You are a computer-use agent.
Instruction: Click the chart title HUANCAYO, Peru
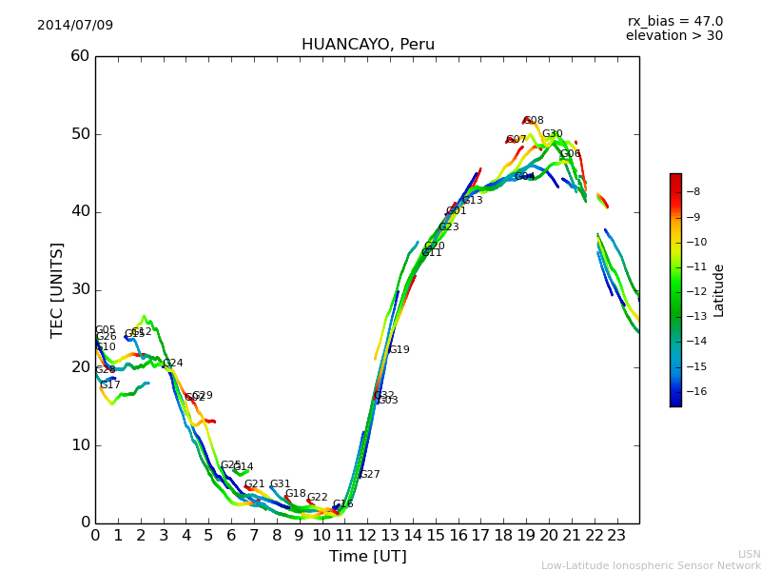(x=367, y=45)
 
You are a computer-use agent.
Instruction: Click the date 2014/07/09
(x=75, y=25)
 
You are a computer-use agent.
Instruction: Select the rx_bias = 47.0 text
(x=674, y=21)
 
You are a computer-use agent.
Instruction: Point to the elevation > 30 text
(x=673, y=36)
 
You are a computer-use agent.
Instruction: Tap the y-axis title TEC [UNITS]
(x=57, y=289)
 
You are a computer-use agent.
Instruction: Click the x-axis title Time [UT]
(x=367, y=556)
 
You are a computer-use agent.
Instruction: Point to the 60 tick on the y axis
(x=80, y=56)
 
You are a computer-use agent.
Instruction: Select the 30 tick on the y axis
(x=80, y=289)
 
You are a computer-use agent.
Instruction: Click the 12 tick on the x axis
(x=367, y=535)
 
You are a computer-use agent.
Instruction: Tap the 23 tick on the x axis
(x=616, y=535)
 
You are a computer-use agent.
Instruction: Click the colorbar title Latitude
(x=719, y=289)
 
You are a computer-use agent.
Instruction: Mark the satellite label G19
(x=399, y=350)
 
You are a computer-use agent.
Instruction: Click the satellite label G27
(x=369, y=474)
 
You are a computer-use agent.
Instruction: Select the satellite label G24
(x=173, y=363)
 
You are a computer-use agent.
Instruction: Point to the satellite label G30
(x=553, y=134)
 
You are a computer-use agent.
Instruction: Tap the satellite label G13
(x=473, y=201)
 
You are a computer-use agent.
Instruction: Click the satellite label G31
(x=280, y=484)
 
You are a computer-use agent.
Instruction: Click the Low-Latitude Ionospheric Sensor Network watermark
(x=651, y=565)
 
